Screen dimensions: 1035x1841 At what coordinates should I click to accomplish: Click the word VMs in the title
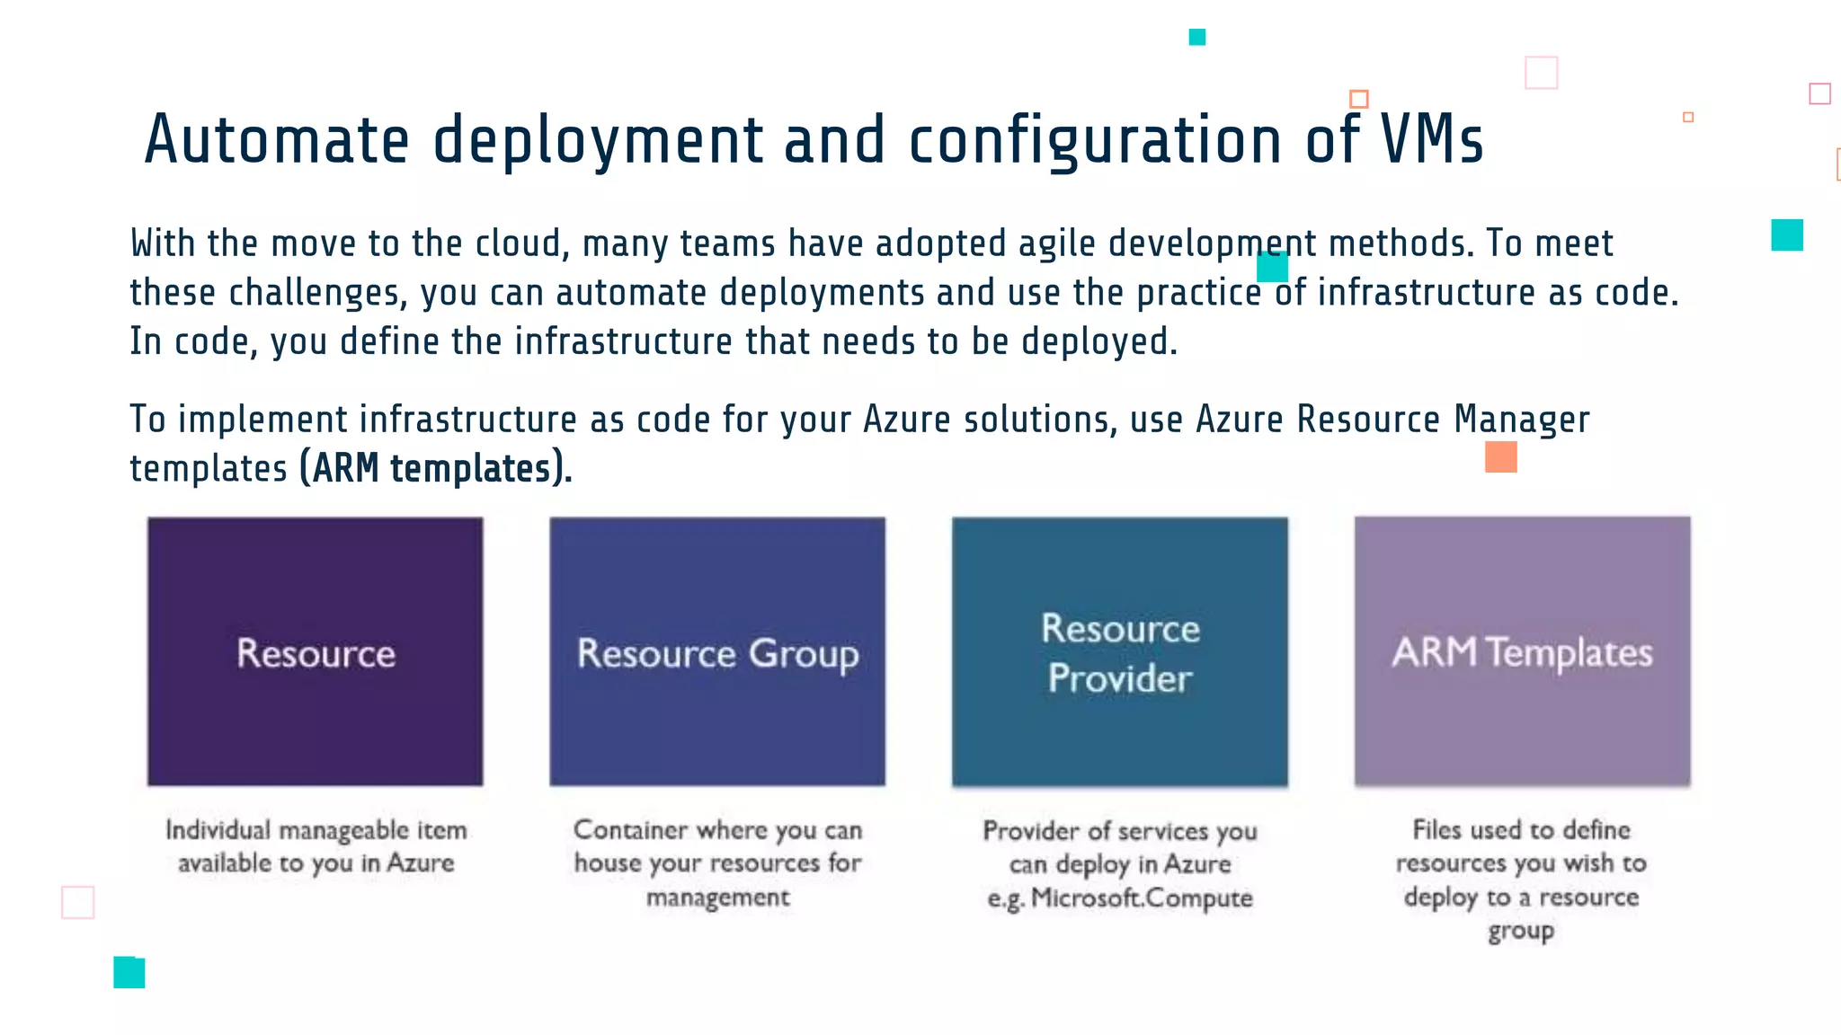1431,140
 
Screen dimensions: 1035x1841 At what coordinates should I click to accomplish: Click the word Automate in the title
277,140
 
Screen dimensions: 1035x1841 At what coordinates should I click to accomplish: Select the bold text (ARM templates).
436,468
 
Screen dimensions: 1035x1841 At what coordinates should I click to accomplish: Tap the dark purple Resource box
316,651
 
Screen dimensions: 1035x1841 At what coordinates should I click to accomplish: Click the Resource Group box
717,651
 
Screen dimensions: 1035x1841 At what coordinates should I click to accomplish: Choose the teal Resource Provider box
1120,651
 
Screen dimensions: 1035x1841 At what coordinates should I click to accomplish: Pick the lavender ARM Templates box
1522,651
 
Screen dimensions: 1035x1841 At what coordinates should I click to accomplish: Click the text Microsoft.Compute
1142,898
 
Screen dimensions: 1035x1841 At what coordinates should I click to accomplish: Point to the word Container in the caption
631,829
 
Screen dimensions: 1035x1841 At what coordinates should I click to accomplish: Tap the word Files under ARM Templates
1436,829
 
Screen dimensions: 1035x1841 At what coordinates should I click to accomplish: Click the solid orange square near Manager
1500,456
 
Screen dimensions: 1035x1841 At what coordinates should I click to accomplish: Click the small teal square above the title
1196,37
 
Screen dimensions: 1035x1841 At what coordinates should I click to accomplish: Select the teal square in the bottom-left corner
129,972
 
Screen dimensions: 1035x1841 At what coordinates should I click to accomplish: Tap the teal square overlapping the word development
1272,267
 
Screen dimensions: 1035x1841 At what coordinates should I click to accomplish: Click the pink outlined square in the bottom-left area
78,902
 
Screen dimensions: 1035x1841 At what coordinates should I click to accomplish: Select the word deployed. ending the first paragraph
1098,341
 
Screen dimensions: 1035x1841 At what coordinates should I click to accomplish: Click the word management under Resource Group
717,897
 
